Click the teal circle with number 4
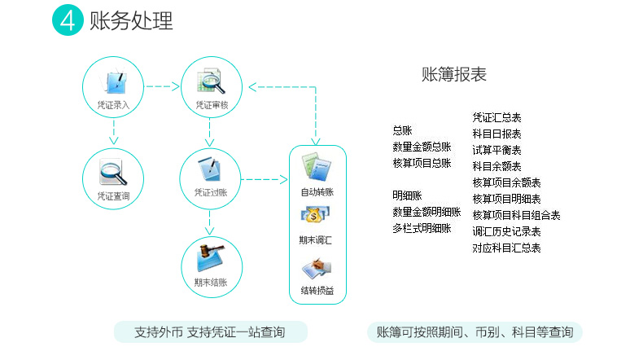point(68,20)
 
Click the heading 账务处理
point(131,20)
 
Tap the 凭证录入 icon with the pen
point(114,82)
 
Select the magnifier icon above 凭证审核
point(212,81)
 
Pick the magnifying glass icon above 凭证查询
point(113,173)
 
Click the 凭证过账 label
point(210,192)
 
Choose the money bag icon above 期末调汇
point(315,215)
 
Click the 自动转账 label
point(317,191)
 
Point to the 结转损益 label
point(317,291)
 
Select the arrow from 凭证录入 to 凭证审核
point(163,86)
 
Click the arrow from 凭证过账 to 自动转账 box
point(265,179)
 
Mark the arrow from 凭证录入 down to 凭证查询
point(114,132)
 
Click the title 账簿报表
point(454,75)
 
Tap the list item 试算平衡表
point(496,150)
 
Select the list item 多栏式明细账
point(422,228)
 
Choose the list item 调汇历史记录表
point(506,231)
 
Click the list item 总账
point(402,130)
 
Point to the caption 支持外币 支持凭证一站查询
point(210,332)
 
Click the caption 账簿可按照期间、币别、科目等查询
point(475,332)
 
